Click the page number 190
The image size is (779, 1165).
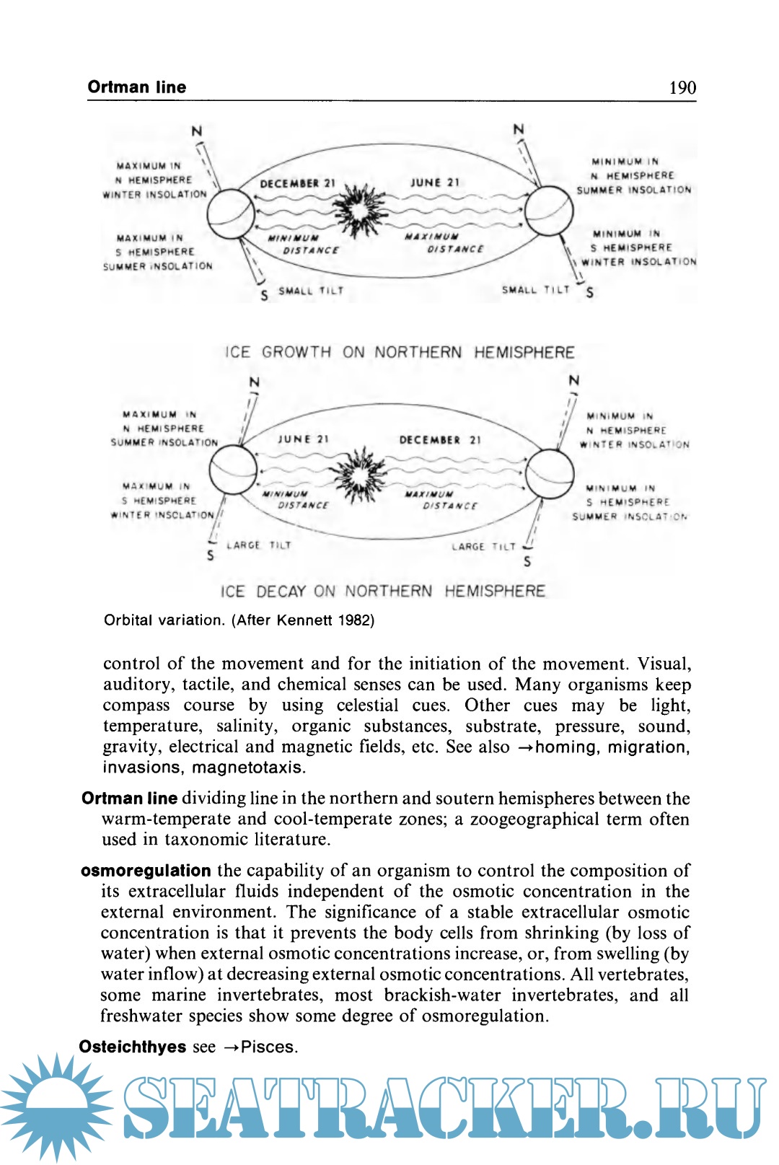click(682, 88)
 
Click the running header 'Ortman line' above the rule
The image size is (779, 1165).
click(137, 87)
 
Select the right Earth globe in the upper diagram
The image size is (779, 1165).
click(548, 211)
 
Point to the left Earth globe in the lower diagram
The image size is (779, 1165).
click(232, 470)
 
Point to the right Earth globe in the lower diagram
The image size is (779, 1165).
click(550, 473)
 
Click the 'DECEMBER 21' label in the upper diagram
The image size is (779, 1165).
click(297, 183)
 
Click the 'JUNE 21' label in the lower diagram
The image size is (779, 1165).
click(303, 439)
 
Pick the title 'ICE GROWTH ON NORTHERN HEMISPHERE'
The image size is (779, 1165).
click(400, 352)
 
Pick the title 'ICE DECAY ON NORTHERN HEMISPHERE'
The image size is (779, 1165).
click(383, 592)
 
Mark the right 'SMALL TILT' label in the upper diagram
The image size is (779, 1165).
click(535, 289)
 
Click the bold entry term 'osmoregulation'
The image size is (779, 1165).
click(146, 871)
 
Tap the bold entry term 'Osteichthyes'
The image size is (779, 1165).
click(133, 1047)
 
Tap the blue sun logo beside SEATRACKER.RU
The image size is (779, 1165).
click(56, 1106)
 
